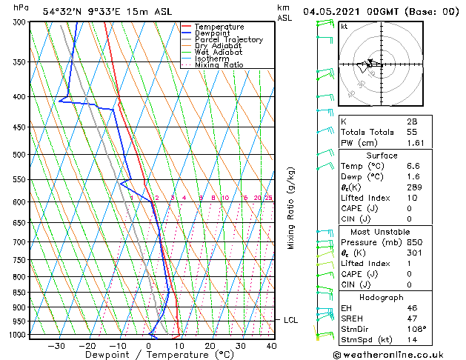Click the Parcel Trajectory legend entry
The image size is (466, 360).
point(228,39)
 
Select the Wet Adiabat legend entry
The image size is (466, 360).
point(219,52)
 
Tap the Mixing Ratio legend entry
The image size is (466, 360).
point(219,64)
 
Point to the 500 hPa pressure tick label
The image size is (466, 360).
point(21,155)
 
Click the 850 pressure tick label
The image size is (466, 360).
point(21,293)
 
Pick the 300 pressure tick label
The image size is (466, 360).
point(21,22)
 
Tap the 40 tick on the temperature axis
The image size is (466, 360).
point(271,345)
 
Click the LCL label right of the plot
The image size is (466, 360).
point(291,320)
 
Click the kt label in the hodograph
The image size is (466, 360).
point(344,27)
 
